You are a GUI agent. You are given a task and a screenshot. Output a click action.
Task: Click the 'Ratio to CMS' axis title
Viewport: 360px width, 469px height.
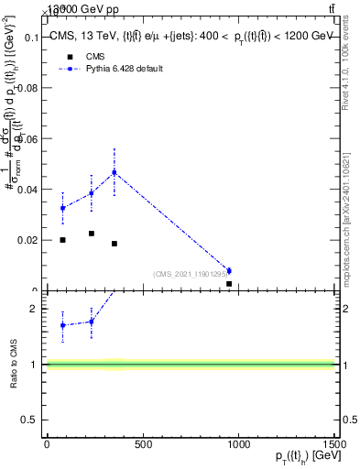(x=15, y=365)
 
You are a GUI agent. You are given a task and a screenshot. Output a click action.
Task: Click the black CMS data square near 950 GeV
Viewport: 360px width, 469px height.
(x=228, y=284)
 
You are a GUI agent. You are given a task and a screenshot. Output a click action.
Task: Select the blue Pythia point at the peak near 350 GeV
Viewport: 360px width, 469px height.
(x=115, y=172)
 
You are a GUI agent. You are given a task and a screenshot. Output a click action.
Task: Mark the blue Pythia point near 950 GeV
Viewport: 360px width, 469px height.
(x=228, y=270)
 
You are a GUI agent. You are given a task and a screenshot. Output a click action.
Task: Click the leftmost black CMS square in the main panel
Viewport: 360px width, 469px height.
(x=62, y=240)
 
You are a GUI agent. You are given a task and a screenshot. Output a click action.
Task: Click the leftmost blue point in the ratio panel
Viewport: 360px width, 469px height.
(x=62, y=325)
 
